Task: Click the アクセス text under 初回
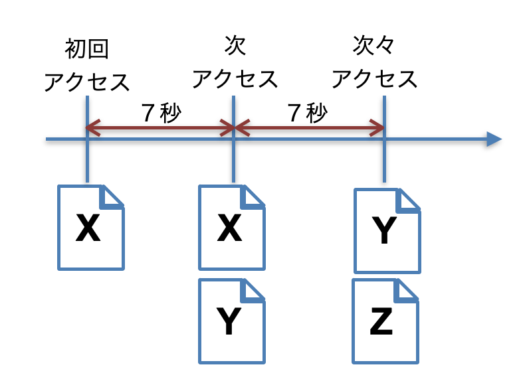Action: [x=87, y=82]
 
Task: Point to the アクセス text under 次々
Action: [x=375, y=79]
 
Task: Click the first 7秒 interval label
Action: [x=161, y=114]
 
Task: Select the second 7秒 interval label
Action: [x=308, y=114]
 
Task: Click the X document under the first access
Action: [x=91, y=228]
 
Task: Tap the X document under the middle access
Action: [x=232, y=228]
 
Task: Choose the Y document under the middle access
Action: [x=232, y=321]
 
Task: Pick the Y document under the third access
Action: [x=387, y=231]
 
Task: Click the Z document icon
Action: [x=385, y=321]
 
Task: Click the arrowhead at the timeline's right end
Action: [x=493, y=139]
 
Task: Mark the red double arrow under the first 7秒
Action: [x=160, y=128]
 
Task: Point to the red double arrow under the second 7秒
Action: [x=309, y=128]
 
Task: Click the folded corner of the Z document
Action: [x=407, y=290]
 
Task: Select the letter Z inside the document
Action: [x=381, y=323]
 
